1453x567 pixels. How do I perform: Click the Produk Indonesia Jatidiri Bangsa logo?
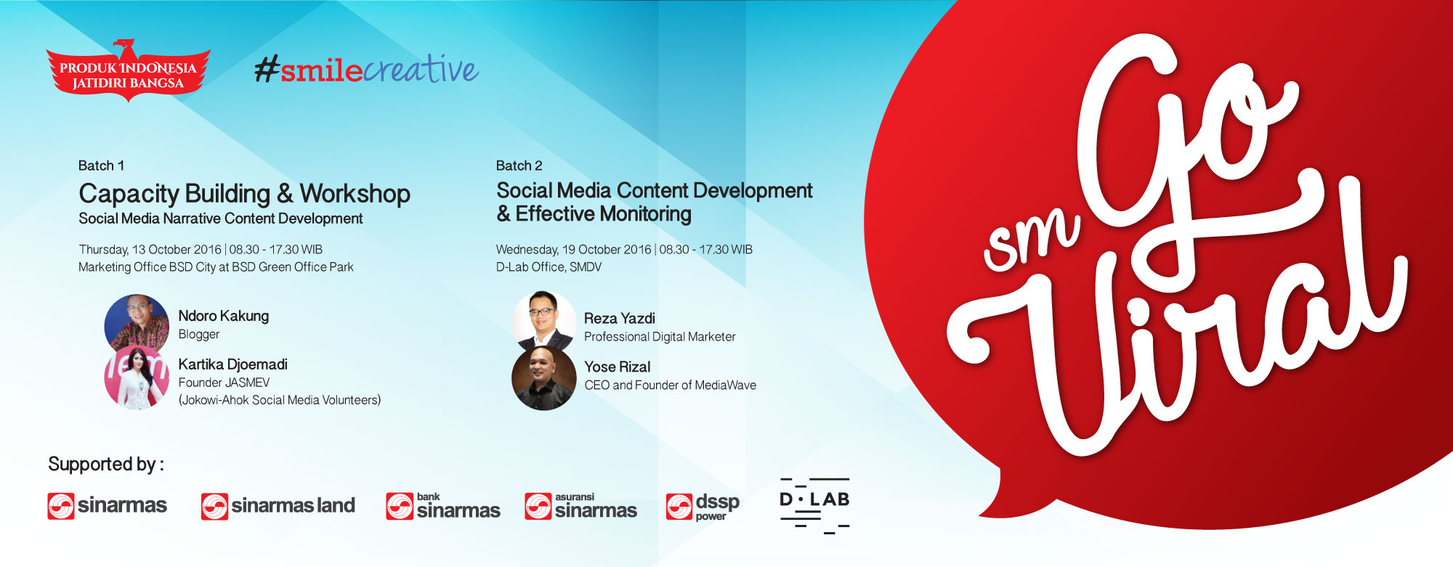[128, 70]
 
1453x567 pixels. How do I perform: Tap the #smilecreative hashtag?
[366, 69]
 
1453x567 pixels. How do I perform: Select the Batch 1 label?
[101, 166]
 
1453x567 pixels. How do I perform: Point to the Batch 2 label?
[519, 166]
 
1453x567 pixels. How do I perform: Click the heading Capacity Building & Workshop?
[244, 194]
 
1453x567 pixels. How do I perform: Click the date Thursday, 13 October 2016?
[150, 250]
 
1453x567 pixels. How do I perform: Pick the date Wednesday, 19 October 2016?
[573, 250]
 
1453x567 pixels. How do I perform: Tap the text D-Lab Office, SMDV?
[549, 267]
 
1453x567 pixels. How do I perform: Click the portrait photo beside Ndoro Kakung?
[137, 323]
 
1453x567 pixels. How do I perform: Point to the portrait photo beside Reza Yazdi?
[544, 321]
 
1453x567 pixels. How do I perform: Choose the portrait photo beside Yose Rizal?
[544, 378]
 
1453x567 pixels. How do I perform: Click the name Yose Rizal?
[618, 367]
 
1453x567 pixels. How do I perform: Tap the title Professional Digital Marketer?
[660, 337]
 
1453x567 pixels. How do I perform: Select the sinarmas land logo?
[278, 506]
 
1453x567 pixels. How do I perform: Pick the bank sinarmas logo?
[443, 506]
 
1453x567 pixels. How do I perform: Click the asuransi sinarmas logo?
[581, 506]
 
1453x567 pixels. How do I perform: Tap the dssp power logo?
[703, 507]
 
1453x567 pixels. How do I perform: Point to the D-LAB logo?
[814, 505]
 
